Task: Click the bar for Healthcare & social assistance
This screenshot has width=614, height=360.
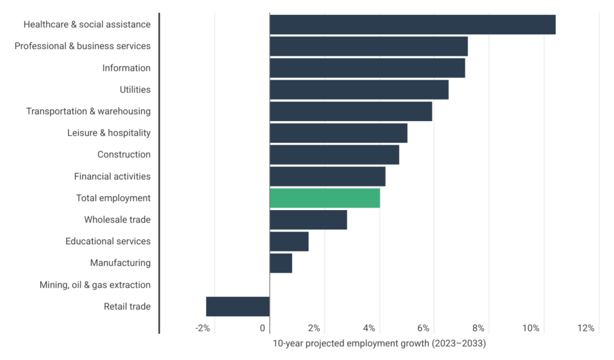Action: pos(413,25)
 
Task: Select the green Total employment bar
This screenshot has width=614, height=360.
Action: pos(325,198)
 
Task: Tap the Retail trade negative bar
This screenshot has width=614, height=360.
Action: pos(237,306)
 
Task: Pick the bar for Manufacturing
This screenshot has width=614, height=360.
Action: pos(281,263)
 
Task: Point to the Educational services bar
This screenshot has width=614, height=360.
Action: pos(289,241)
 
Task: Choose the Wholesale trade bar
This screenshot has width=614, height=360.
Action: pos(308,220)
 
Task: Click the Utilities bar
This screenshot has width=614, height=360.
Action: pos(359,89)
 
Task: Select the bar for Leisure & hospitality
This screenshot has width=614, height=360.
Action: pos(339,133)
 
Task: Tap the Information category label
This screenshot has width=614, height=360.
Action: pos(126,68)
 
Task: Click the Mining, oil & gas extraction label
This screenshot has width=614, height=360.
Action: pos(95,285)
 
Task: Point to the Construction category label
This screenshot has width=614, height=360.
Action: pos(124,155)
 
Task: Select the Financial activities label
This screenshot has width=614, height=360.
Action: pos(112,176)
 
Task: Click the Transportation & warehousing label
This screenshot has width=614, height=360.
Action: pos(88,112)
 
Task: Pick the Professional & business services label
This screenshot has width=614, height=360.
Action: pos(83,46)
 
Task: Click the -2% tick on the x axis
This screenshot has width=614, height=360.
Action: pos(203,328)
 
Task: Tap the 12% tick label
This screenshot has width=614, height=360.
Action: pos(586,328)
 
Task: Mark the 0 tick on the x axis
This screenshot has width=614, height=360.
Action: pos(263,328)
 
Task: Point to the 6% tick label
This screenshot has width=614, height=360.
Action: pos(423,328)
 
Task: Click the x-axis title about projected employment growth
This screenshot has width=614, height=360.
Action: pos(379,344)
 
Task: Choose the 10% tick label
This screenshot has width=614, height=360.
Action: pos(531,328)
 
